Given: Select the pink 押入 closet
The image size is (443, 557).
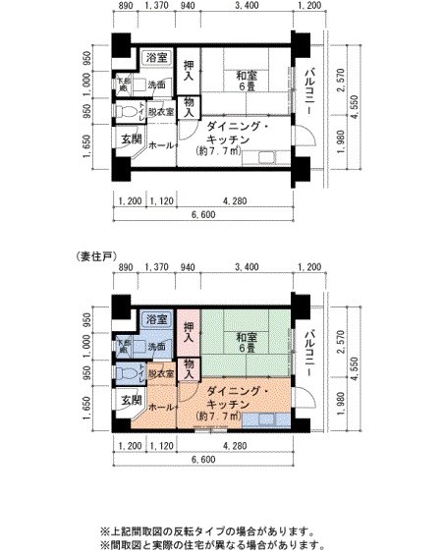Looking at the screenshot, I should pyautogui.click(x=189, y=330).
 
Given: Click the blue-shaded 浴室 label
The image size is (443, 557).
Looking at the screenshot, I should pyautogui.click(x=154, y=319).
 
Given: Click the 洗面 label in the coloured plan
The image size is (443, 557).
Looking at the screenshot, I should pyautogui.click(x=156, y=347).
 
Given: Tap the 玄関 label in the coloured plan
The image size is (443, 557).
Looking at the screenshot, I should pyautogui.click(x=131, y=401).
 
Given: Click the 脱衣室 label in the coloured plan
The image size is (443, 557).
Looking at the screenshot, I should pyautogui.click(x=161, y=374).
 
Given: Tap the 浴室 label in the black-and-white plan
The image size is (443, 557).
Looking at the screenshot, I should pyautogui.click(x=155, y=58).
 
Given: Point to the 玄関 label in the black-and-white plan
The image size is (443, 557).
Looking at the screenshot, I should pyautogui.click(x=131, y=139).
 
